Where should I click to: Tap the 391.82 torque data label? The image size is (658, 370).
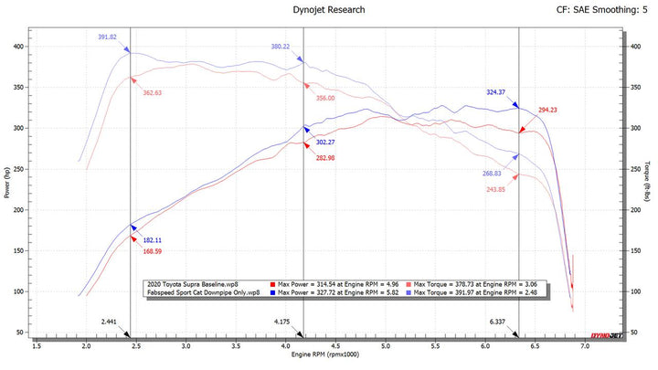pyautogui.click(x=109, y=37)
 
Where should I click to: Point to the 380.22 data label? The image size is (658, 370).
pyautogui.click(x=281, y=47)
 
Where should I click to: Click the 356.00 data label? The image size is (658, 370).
pyautogui.click(x=325, y=99)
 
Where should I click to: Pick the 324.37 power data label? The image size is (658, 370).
pyautogui.click(x=498, y=91)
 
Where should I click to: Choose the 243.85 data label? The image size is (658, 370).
pyautogui.click(x=502, y=189)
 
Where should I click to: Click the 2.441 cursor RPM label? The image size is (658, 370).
pyautogui.click(x=111, y=322)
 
